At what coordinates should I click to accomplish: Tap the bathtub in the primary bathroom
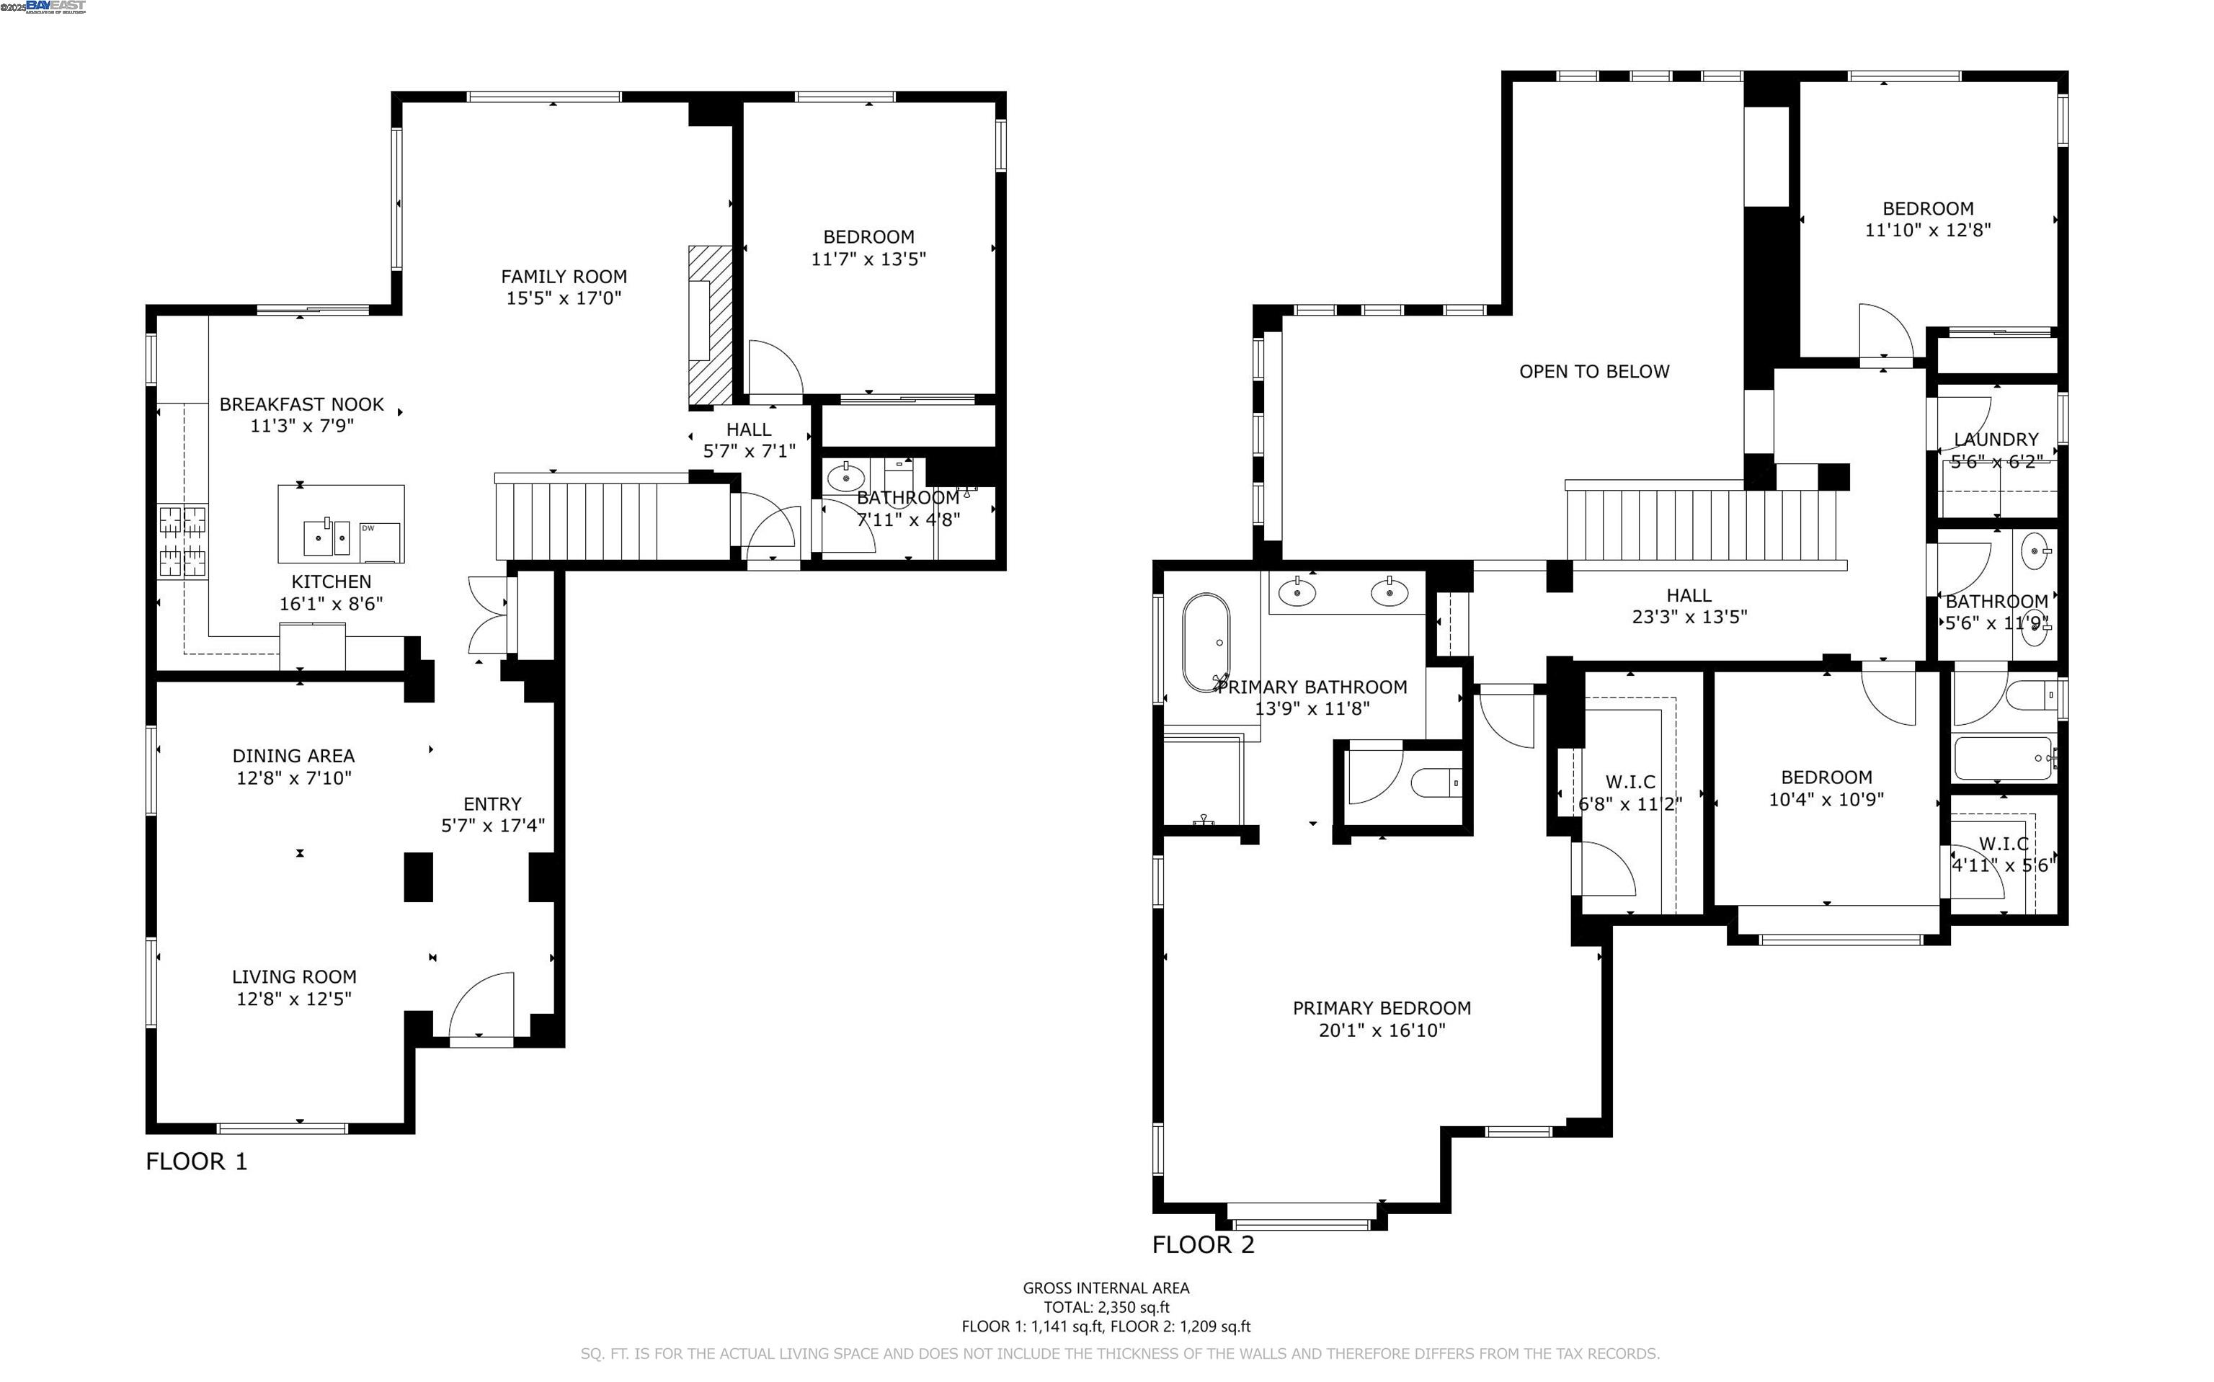(x=1206, y=643)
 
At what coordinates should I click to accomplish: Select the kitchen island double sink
(x=327, y=538)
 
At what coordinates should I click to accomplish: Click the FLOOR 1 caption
(x=197, y=1161)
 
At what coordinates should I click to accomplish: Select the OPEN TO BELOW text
(x=1593, y=371)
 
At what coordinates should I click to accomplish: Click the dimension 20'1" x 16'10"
(x=1382, y=1030)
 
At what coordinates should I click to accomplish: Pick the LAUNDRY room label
(x=1996, y=439)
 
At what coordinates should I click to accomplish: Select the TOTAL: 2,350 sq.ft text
(x=1106, y=1307)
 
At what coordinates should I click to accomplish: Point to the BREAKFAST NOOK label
(x=302, y=404)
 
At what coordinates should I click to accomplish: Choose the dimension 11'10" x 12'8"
(x=1927, y=231)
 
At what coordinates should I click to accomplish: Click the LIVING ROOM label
(x=293, y=976)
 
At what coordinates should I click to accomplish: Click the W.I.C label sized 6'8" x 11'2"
(x=1630, y=782)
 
